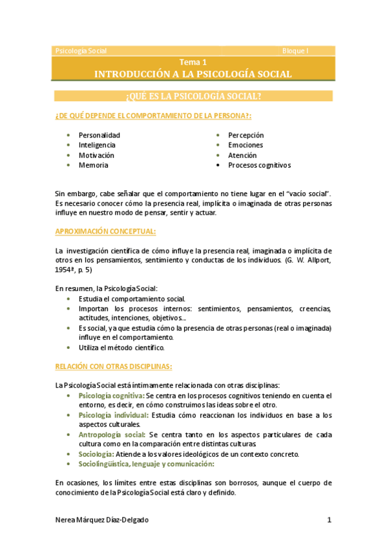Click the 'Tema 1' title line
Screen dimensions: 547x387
pyautogui.click(x=193, y=63)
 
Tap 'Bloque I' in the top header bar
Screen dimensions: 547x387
pyautogui.click(x=296, y=50)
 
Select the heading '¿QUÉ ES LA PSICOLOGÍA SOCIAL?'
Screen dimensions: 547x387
pyautogui.click(x=193, y=96)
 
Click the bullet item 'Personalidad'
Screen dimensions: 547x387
pyautogui.click(x=99, y=135)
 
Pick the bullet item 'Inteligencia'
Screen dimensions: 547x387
pyautogui.click(x=98, y=145)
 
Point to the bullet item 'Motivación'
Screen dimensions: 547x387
pyautogui.click(x=96, y=155)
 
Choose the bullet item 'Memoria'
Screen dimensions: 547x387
pyautogui.click(x=93, y=165)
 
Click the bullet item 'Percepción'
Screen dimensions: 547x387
pyautogui.click(x=246, y=135)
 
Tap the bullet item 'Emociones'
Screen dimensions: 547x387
pyautogui.click(x=245, y=145)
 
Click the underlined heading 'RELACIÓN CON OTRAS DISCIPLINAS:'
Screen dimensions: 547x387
pyautogui.click(x=113, y=366)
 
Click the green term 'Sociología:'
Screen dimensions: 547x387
pyautogui.click(x=97, y=454)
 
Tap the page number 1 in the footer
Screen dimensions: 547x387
pyautogui.click(x=329, y=519)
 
